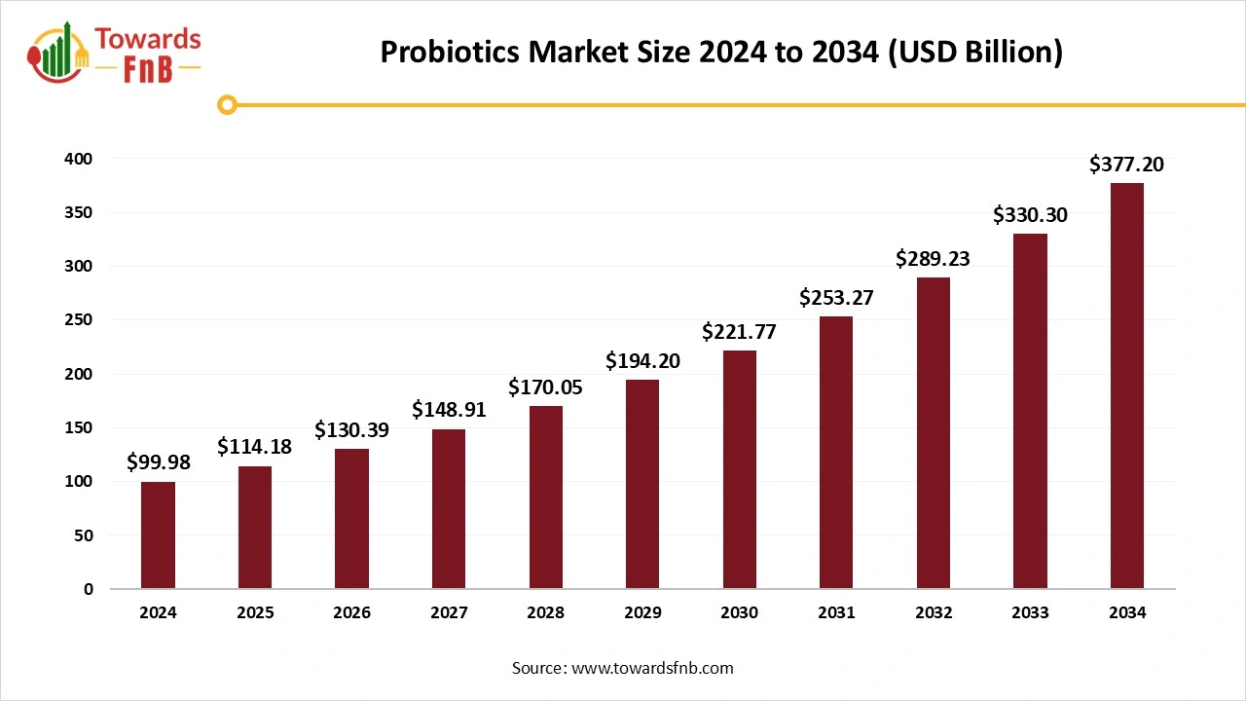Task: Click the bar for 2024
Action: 158,535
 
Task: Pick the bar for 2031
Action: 836,453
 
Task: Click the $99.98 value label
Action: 158,462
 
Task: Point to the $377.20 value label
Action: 1126,165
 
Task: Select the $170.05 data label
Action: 545,387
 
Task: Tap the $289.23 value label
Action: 933,259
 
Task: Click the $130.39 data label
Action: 351,429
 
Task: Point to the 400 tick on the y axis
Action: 79,159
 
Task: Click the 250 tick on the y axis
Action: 79,320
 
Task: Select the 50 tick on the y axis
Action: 84,535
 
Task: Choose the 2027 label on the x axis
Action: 449,613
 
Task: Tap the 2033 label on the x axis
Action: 1030,613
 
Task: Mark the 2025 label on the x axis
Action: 255,613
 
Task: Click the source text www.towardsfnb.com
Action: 651,668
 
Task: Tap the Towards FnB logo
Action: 114,54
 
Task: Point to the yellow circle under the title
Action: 227,104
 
